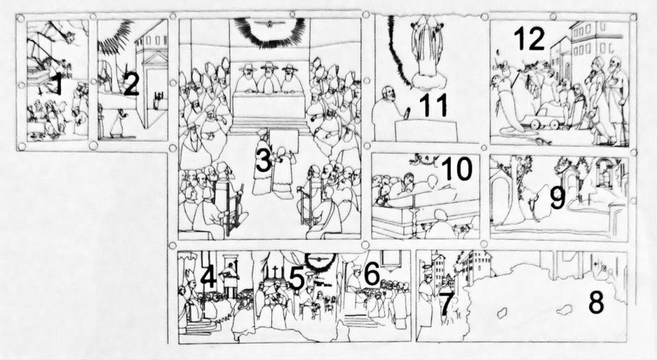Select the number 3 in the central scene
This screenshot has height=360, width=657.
click(x=264, y=161)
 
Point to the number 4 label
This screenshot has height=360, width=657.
click(x=209, y=277)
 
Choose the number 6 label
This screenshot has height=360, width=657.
click(x=371, y=274)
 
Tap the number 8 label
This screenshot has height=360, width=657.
click(x=596, y=302)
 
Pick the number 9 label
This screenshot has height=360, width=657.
click(x=558, y=197)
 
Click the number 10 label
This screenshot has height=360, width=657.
click(x=457, y=168)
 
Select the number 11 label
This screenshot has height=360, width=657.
click(x=433, y=105)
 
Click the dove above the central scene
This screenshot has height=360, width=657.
click(x=270, y=23)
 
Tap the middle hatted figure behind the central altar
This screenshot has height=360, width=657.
click(x=269, y=78)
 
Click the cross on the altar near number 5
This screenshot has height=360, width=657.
click(x=276, y=269)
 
